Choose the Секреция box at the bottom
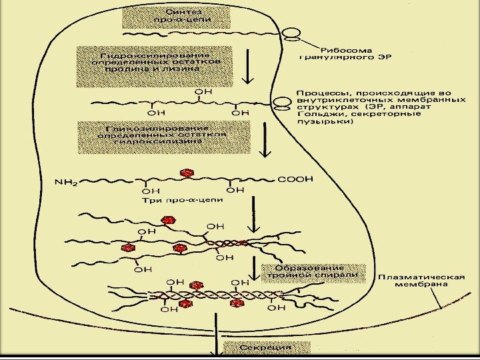tap(266, 347)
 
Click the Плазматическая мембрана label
tap(421, 280)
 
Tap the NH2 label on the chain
tap(65, 180)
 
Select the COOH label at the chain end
tap(295, 179)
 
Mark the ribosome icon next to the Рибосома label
tap(291, 33)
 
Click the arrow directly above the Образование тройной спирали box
tap(252, 267)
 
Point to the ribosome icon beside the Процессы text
tap(283, 101)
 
